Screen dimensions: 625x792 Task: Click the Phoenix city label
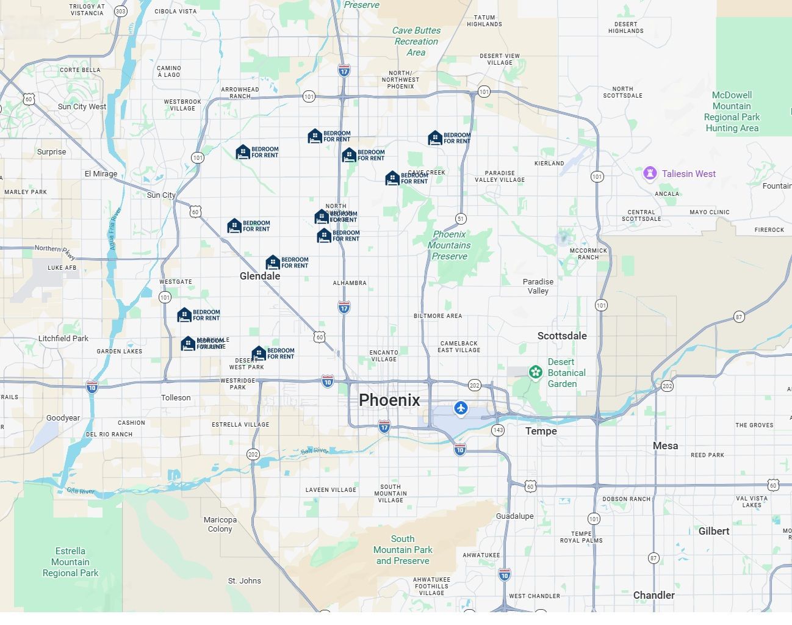click(389, 400)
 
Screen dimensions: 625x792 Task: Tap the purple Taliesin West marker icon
click(650, 173)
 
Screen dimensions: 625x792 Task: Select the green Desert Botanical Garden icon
click(535, 372)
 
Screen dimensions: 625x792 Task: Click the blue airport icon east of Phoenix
click(461, 408)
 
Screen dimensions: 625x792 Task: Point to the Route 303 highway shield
click(121, 11)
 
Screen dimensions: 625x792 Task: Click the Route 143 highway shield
click(498, 430)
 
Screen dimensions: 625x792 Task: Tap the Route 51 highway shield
click(461, 219)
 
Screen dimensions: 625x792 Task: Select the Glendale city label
click(260, 276)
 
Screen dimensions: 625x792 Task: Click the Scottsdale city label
click(562, 336)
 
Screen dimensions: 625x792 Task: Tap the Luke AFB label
click(62, 267)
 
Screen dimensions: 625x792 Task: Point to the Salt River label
click(314, 450)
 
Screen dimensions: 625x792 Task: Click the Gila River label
click(81, 491)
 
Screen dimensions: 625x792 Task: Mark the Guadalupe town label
click(514, 516)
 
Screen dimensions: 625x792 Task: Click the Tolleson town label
click(176, 397)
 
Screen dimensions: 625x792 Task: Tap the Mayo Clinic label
click(709, 212)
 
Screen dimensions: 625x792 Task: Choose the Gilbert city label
click(713, 531)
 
